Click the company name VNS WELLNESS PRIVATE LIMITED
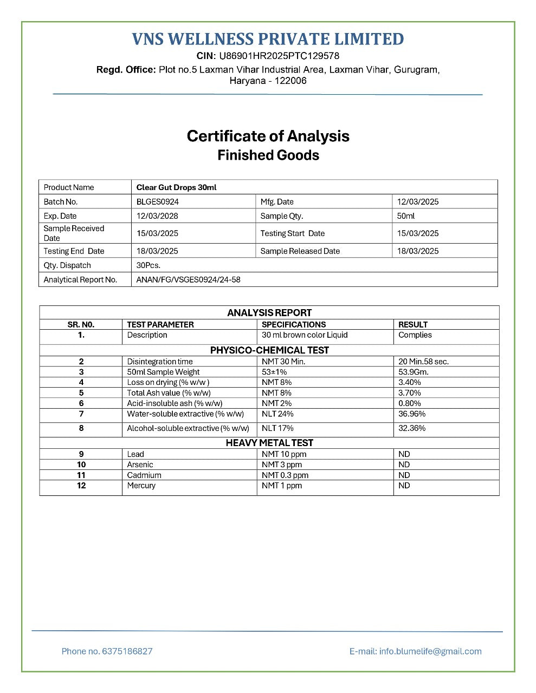(x=268, y=39)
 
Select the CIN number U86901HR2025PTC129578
(x=279, y=56)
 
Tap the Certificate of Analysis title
(x=268, y=136)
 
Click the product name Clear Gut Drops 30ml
(x=176, y=187)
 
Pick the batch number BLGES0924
(x=157, y=201)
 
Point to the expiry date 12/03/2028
(x=157, y=215)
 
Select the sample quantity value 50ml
(x=406, y=215)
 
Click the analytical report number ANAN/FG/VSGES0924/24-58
(x=188, y=279)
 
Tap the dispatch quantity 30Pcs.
(x=148, y=265)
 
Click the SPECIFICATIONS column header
(x=294, y=324)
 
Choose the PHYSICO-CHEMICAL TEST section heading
(x=269, y=350)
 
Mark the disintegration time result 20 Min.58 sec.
(x=423, y=361)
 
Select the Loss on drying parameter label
(x=168, y=382)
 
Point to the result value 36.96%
(x=412, y=414)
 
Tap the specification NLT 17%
(x=277, y=428)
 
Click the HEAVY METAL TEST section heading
(x=269, y=442)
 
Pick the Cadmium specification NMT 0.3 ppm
(x=285, y=475)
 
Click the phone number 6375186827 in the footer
(x=127, y=651)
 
